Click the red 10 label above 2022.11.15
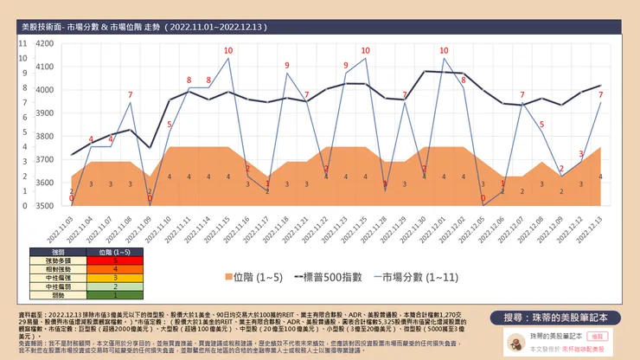tap(228, 50)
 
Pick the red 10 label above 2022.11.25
tap(365, 50)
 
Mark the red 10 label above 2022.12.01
tap(444, 50)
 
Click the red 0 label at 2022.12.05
tap(483, 199)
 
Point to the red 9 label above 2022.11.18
tap(287, 65)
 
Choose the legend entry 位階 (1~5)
tap(256, 278)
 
